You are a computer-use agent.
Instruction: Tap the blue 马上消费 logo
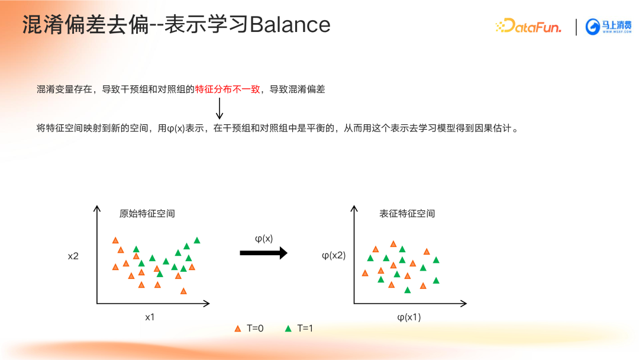[x=608, y=27]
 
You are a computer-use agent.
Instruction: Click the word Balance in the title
[x=290, y=25]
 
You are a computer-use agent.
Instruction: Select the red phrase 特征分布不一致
[x=227, y=89]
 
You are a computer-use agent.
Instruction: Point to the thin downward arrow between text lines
[x=220, y=108]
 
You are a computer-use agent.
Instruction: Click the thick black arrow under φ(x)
[x=263, y=253]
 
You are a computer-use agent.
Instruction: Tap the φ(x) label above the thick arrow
[x=264, y=239]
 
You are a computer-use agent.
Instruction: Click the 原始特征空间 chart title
[x=147, y=214]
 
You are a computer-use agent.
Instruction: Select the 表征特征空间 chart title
[x=407, y=214]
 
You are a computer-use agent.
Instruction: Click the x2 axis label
[x=73, y=256]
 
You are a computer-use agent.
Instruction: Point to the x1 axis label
[x=150, y=317]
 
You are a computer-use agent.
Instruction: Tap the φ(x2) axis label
[x=333, y=256]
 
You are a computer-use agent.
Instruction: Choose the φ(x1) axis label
[x=409, y=317]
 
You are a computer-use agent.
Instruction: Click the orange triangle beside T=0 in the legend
[x=238, y=329]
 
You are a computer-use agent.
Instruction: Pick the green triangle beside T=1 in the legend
[x=288, y=329]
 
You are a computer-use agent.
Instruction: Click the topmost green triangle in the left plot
[x=197, y=240]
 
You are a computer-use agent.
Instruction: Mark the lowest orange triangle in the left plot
[x=183, y=291]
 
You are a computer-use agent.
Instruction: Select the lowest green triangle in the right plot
[x=408, y=290]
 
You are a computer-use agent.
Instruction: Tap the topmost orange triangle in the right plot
[x=393, y=244]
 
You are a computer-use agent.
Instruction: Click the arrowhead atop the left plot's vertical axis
[x=97, y=208]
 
